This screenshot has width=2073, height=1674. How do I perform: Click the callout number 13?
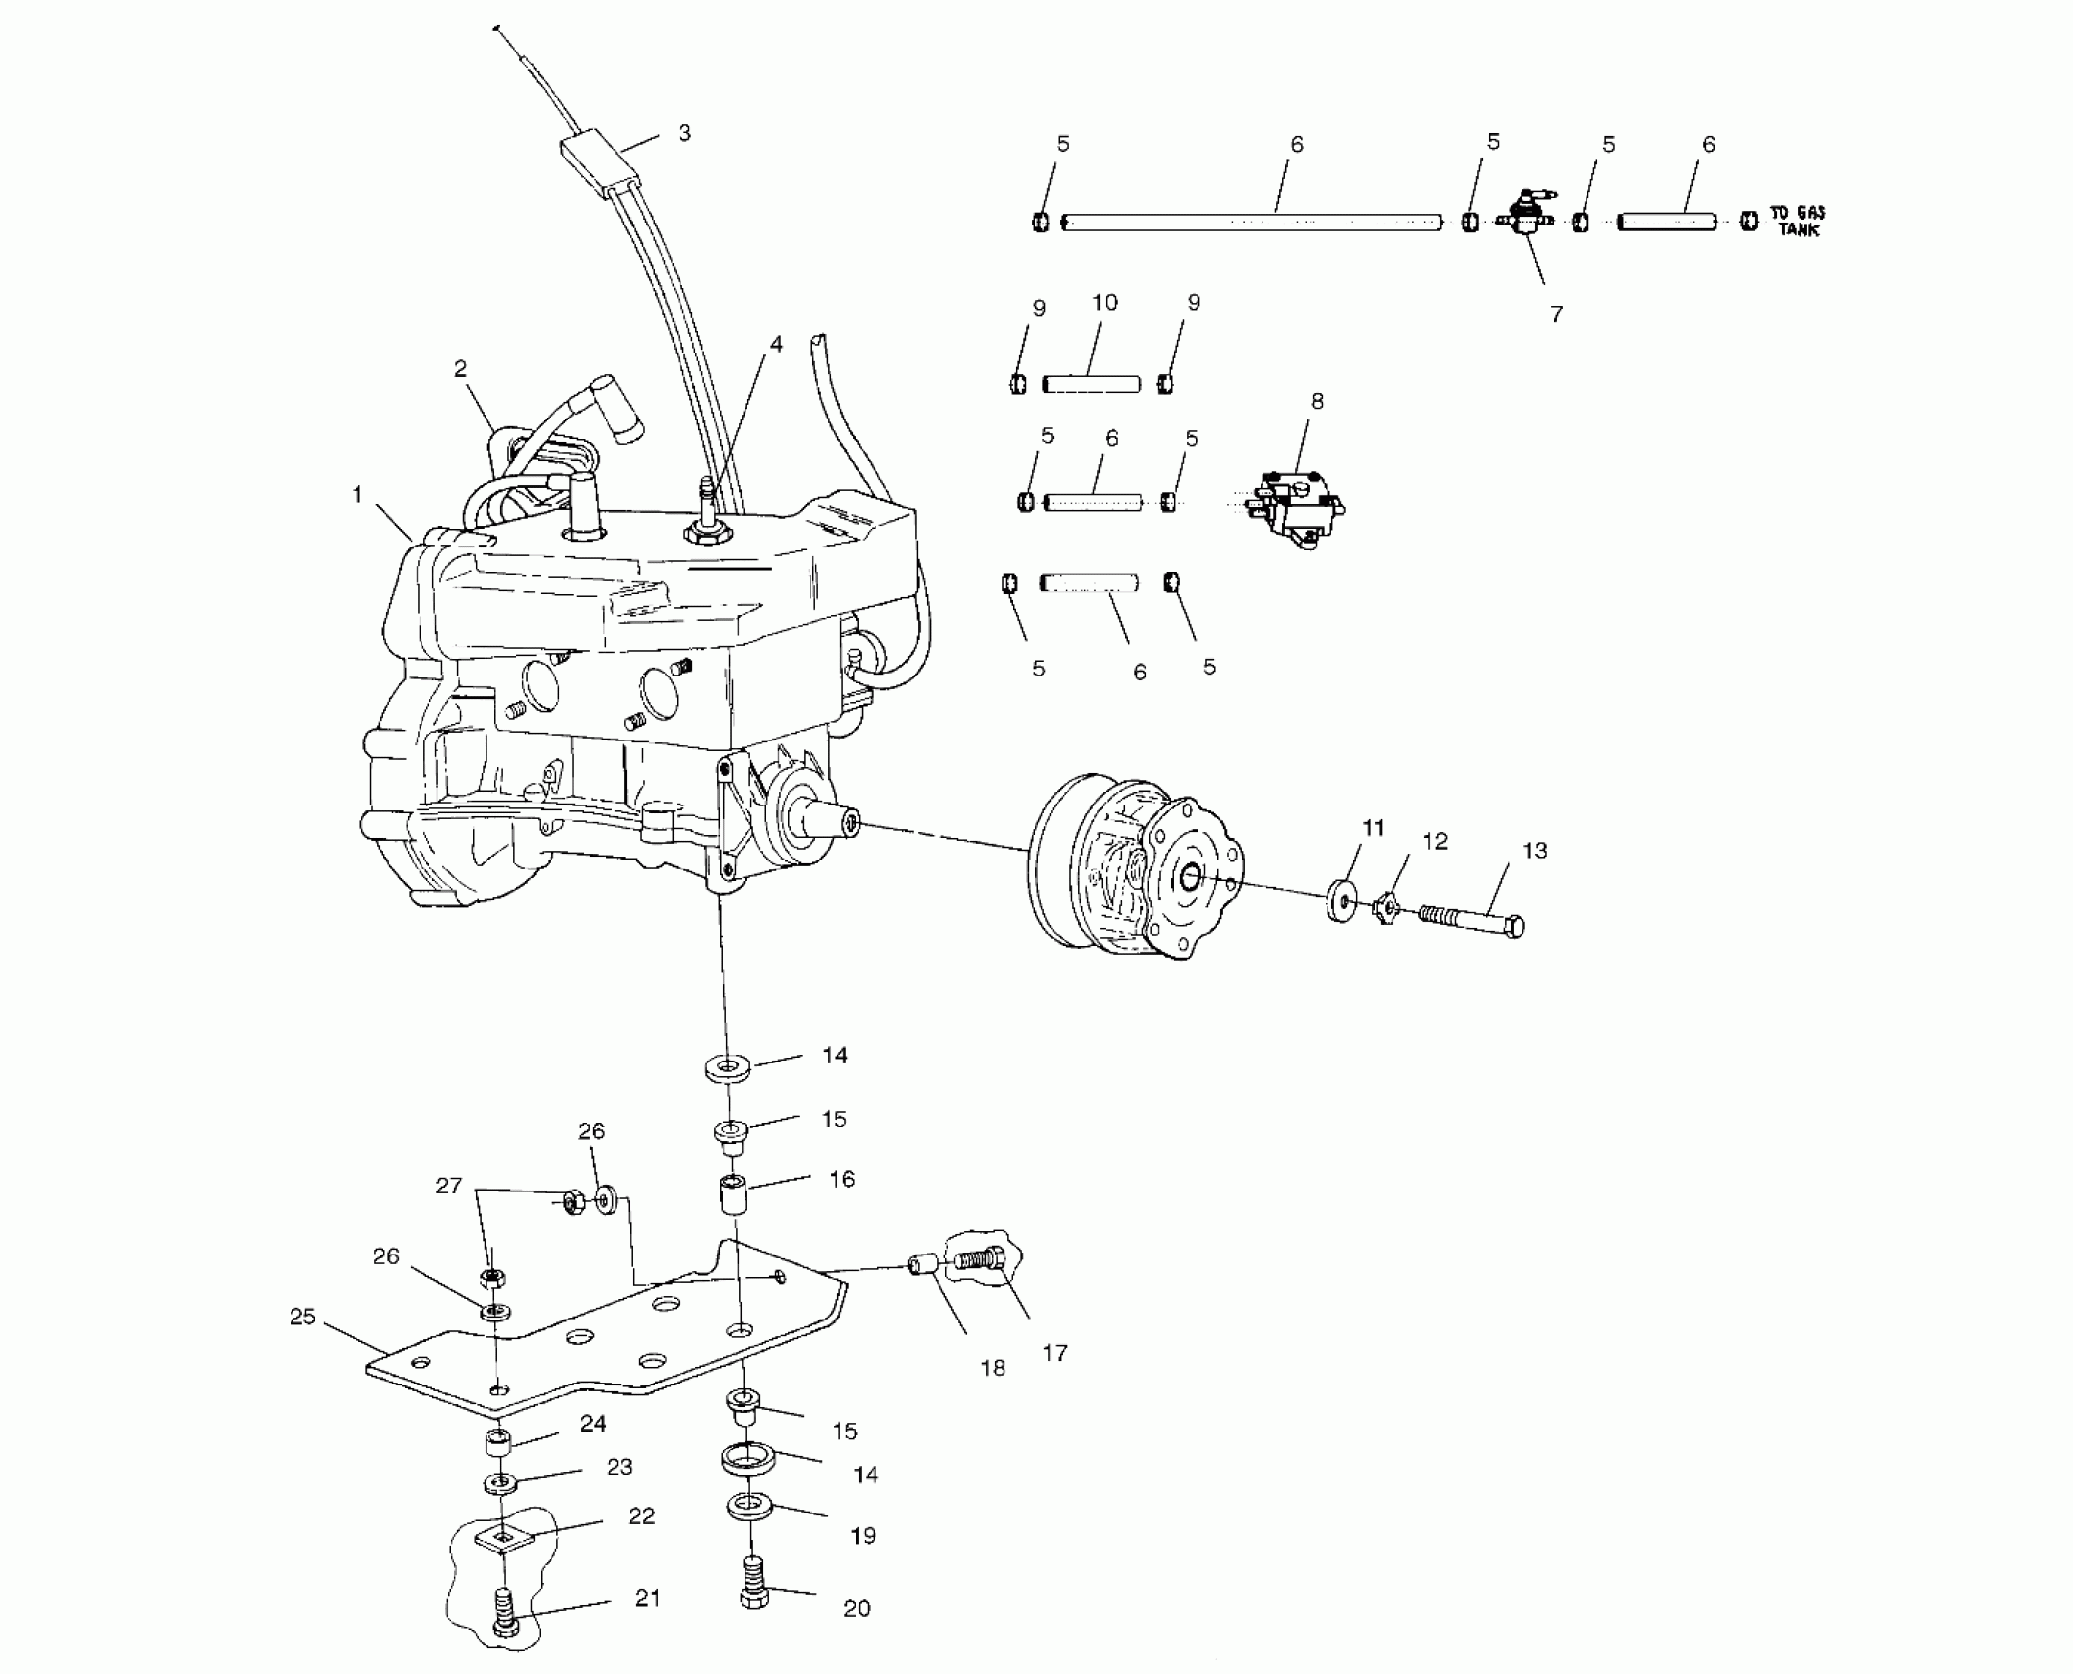tap(1534, 850)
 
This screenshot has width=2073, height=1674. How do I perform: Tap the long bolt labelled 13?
tap(1472, 922)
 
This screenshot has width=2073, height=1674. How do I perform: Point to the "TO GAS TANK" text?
tap(1796, 221)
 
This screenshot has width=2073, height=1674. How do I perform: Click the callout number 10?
tap(1105, 303)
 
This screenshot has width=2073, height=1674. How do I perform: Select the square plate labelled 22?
tap(503, 1537)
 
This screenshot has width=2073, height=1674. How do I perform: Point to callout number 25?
tap(302, 1317)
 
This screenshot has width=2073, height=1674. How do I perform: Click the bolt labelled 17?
tap(981, 1258)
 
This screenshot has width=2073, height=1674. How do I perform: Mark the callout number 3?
tap(684, 133)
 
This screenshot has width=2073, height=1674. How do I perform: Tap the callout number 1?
tap(357, 494)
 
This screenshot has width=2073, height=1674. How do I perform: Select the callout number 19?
tap(863, 1535)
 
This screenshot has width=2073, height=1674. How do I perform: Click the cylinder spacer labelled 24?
tap(499, 1446)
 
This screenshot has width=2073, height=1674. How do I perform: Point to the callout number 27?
tap(448, 1186)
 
